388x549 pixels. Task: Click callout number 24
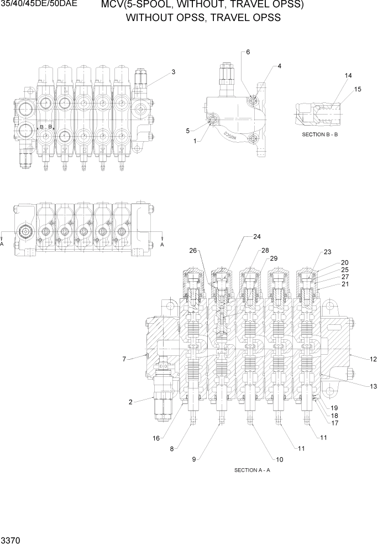click(256, 237)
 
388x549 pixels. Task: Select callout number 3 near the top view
click(173, 72)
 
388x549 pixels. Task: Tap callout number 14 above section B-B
click(348, 75)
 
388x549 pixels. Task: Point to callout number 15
click(358, 89)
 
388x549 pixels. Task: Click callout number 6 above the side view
click(248, 52)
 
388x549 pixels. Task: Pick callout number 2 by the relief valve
click(130, 402)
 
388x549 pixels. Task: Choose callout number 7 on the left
click(125, 359)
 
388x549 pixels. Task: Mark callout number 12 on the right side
click(373, 359)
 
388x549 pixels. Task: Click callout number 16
click(156, 438)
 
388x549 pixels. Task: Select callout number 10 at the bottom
click(272, 459)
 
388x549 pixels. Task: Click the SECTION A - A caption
click(252, 470)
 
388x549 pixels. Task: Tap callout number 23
click(327, 252)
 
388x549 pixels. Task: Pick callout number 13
click(373, 386)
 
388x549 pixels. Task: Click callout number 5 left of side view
click(188, 131)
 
